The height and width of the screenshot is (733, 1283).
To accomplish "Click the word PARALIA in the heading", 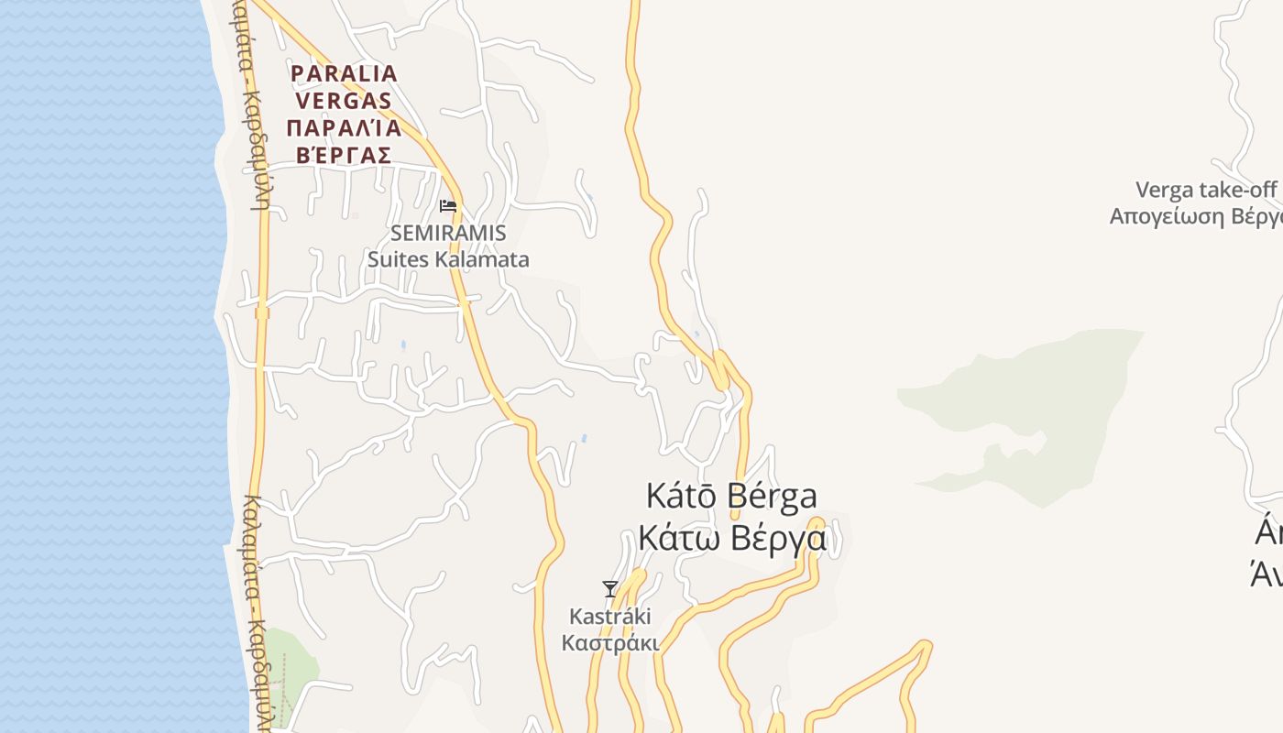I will tap(344, 73).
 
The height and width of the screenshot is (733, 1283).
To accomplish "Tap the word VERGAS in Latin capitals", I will tap(344, 100).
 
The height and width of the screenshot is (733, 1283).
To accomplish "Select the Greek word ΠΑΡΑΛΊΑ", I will tap(344, 127).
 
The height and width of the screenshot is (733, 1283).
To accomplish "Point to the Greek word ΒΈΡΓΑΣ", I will tap(344, 155).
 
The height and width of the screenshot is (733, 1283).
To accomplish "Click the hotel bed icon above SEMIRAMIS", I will tap(448, 205).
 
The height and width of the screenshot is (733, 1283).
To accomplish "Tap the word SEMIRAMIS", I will tap(448, 234).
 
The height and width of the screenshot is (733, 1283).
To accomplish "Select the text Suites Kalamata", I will tap(448, 259).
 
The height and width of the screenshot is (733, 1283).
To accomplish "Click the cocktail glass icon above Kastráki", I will tap(609, 588).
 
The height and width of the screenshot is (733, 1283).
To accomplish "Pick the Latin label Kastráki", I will tap(609, 616).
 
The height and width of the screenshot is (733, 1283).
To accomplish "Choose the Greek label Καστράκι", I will tap(609, 642).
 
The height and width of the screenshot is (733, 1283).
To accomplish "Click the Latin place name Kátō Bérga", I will tap(731, 496).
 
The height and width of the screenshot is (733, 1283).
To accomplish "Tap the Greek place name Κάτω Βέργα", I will tap(731, 538).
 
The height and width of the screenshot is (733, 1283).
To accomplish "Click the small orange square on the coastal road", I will tap(262, 313).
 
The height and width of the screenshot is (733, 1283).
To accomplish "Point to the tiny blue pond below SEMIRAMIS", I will tap(402, 345).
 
